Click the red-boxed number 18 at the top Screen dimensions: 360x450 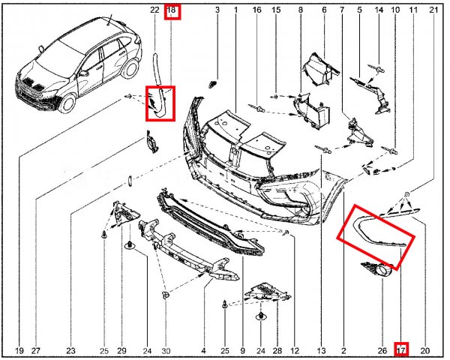tap(172, 10)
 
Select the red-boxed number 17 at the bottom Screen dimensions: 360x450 tap(401, 349)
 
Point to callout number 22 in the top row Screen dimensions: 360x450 tap(154, 10)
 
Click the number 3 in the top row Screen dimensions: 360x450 tap(217, 10)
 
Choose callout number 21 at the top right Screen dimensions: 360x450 tap(433, 10)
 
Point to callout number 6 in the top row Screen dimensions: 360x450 tap(324, 10)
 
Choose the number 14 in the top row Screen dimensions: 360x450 tap(378, 10)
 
